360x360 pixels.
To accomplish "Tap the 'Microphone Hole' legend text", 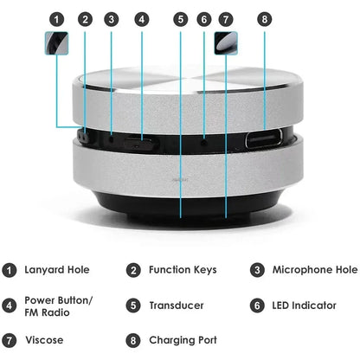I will pyautogui.click(x=315, y=270).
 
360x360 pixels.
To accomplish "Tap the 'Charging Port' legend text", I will pyautogui.click(x=183, y=340).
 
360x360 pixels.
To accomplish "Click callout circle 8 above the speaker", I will pyautogui.click(x=265, y=18).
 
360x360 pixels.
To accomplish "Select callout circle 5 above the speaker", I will pyautogui.click(x=180, y=18).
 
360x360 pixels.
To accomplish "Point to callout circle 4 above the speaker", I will pyautogui.click(x=142, y=18).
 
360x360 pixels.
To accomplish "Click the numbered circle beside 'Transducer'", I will pyautogui.click(x=133, y=305).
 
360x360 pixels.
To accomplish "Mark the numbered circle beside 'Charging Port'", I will pyautogui.click(x=133, y=340).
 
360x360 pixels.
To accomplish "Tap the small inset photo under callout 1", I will pyautogui.click(x=56, y=43).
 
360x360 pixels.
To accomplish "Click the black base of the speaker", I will pyautogui.click(x=180, y=201).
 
